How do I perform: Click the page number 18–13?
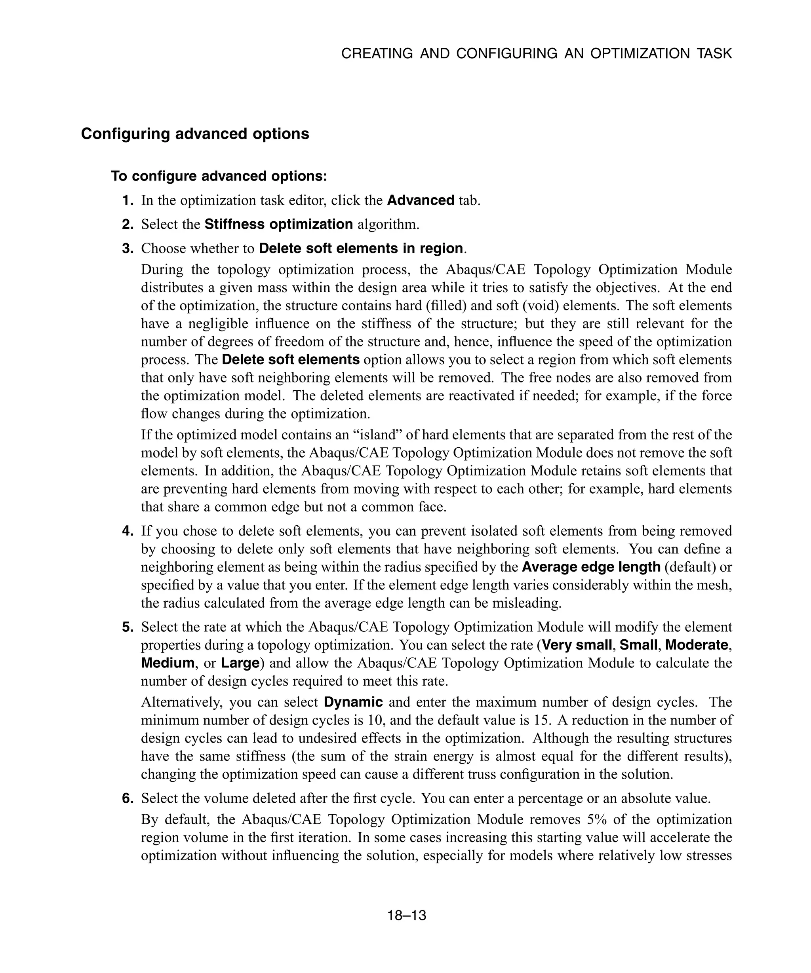coord(406,916)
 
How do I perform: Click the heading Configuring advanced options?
coord(195,134)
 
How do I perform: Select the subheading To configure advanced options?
coord(219,177)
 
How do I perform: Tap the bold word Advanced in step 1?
coord(420,201)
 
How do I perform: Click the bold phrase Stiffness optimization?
coord(278,225)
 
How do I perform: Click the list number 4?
coord(128,531)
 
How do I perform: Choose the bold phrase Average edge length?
coord(591,567)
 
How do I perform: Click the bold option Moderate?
coord(697,645)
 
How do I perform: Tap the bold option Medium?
coord(167,663)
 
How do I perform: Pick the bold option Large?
coord(240,663)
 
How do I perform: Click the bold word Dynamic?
coord(353,702)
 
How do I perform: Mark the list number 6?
coord(128,799)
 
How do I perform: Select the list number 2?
coord(128,225)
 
